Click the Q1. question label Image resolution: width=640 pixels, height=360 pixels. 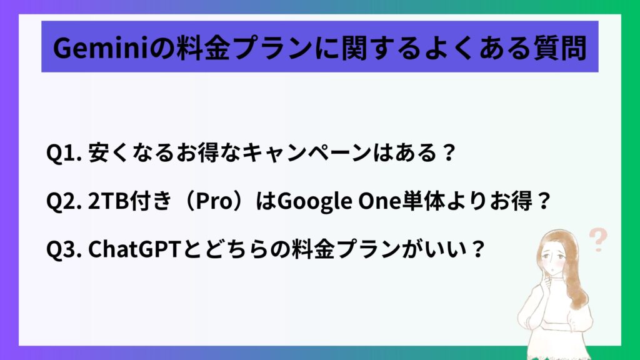pyautogui.click(x=64, y=153)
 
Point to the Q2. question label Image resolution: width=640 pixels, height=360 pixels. pyautogui.click(x=64, y=201)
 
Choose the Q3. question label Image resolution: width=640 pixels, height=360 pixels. pyautogui.click(x=64, y=249)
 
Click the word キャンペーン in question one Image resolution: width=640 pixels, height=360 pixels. pyautogui.click(x=306, y=153)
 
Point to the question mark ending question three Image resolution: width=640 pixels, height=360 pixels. pyautogui.click(x=477, y=249)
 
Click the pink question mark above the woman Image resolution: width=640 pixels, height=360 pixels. pyautogui.click(x=598, y=239)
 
